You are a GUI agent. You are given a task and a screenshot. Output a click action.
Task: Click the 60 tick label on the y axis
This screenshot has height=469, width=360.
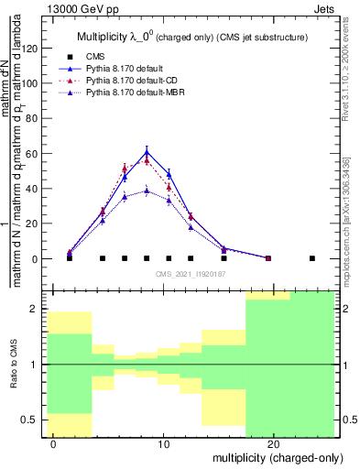coord(32,153)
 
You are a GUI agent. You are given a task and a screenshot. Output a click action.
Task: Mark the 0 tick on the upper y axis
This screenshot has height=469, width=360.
coord(36,258)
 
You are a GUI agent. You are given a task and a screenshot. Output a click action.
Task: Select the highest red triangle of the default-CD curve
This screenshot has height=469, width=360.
coord(147,160)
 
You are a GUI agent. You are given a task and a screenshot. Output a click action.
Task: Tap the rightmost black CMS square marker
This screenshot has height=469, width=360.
coord(312,258)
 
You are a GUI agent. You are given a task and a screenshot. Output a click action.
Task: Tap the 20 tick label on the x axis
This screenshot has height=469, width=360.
coord(273,443)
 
